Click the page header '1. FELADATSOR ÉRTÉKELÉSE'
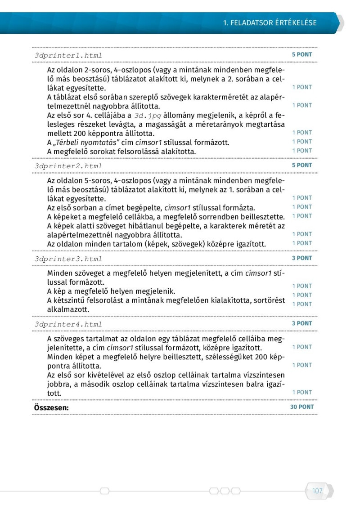pyautogui.click(x=270, y=23)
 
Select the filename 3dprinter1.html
pyautogui.click(x=68, y=55)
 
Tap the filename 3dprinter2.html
pyautogui.click(x=68, y=166)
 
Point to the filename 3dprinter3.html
pyautogui.click(x=68, y=259)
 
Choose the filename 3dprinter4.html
pyautogui.click(x=68, y=324)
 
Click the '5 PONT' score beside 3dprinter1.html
pyautogui.click(x=302, y=54)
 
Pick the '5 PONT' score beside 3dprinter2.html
pyautogui.click(x=302, y=165)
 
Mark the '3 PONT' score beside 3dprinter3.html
pyautogui.click(x=302, y=258)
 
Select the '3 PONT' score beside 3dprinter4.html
pyautogui.click(x=302, y=323)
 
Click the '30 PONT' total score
pyautogui.click(x=301, y=407)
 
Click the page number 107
pyautogui.click(x=317, y=491)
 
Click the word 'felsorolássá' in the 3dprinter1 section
pyautogui.click(x=135, y=152)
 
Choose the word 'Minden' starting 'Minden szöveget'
pyautogui.click(x=59, y=273)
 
